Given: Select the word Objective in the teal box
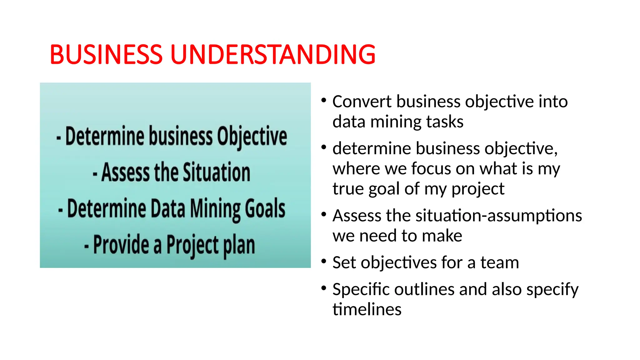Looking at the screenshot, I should [252, 137].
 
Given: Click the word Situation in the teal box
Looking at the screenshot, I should [216, 172].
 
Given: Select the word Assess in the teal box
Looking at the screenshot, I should [126, 172].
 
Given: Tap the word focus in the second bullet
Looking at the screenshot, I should [431, 169].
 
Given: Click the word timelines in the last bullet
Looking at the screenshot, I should [367, 309].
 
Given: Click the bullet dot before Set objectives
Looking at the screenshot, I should [324, 261].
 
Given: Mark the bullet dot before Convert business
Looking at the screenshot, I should [324, 100].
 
